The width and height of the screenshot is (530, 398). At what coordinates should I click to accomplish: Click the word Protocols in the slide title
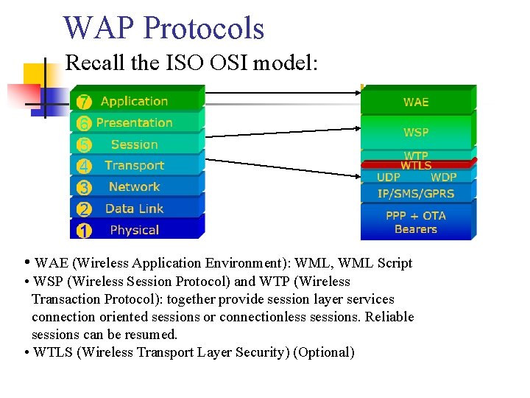(205, 28)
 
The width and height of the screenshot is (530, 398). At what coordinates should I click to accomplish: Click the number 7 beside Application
(84, 102)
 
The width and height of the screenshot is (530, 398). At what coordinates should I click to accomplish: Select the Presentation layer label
(134, 122)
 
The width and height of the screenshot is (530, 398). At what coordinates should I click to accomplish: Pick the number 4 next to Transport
(84, 167)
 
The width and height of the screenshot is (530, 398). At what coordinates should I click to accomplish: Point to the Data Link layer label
(134, 209)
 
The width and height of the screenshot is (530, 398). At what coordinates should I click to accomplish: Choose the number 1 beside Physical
(84, 231)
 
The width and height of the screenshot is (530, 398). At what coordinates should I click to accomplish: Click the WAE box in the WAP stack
(416, 102)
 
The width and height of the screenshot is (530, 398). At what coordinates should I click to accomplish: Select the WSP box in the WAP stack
(416, 132)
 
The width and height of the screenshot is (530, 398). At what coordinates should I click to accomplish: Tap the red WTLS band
(416, 166)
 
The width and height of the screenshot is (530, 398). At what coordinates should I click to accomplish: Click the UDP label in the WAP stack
(388, 177)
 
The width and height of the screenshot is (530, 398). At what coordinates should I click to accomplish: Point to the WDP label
(443, 177)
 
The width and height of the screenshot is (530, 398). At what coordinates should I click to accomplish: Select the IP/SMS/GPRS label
(416, 193)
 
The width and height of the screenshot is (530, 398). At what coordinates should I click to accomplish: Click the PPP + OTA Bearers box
(416, 222)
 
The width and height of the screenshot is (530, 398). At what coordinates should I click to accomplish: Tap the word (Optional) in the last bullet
(323, 352)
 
